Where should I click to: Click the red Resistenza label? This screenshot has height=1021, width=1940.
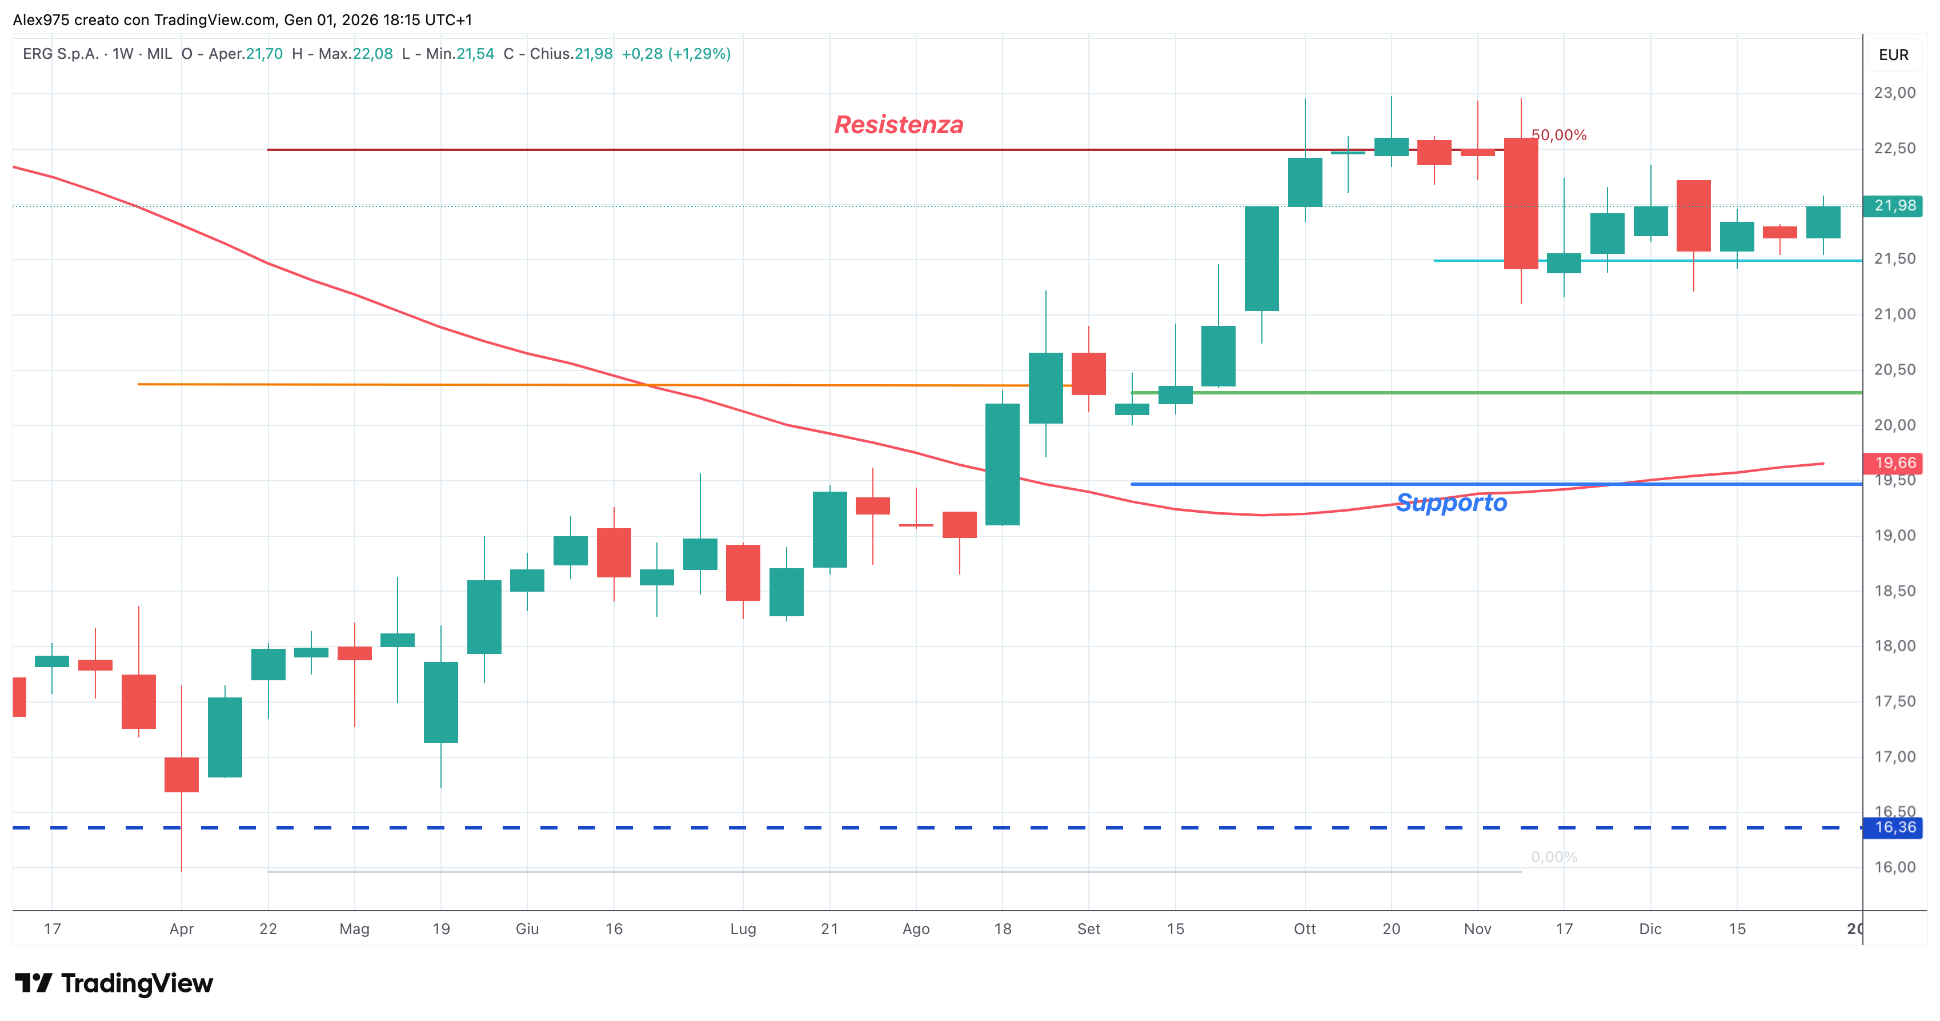point(899,124)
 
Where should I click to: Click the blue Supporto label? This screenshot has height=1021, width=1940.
point(1451,502)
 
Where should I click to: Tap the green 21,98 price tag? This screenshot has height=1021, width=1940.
point(1894,206)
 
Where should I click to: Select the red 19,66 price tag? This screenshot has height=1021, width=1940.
point(1894,462)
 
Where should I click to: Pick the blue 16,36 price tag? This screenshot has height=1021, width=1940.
point(1894,827)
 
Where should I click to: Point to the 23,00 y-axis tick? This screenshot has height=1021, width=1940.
point(1895,93)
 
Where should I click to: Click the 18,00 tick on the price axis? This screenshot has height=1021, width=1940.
point(1895,646)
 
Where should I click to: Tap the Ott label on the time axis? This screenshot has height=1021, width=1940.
point(1304,928)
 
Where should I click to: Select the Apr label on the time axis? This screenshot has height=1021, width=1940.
point(182,929)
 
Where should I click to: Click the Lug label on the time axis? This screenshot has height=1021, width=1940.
point(743,929)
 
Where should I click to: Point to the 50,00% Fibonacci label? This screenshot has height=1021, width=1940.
point(1559,135)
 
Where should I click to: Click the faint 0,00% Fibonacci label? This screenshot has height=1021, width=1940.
point(1554,857)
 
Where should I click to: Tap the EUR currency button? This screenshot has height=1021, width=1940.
point(1893,55)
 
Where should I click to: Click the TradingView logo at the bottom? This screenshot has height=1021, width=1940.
point(114,983)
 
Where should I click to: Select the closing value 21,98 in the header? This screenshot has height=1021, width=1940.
point(594,54)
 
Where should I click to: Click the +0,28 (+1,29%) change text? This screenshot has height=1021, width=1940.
point(676,54)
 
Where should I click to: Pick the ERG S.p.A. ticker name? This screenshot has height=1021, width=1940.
point(60,54)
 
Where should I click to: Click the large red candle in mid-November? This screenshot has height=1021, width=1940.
point(1521,204)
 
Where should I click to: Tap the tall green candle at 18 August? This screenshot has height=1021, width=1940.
point(1003,464)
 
